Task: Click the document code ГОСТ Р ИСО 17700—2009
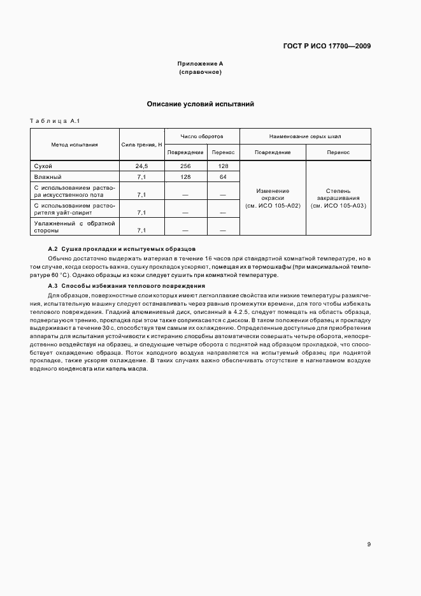327,46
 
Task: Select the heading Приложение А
200,64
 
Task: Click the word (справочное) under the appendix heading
200,73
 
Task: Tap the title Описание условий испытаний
201,104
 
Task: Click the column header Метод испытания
75,145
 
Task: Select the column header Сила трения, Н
141,145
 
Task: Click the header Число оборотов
201,136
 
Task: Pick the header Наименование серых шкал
305,136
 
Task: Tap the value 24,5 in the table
141,166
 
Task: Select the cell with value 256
186,166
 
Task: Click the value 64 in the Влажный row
223,176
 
